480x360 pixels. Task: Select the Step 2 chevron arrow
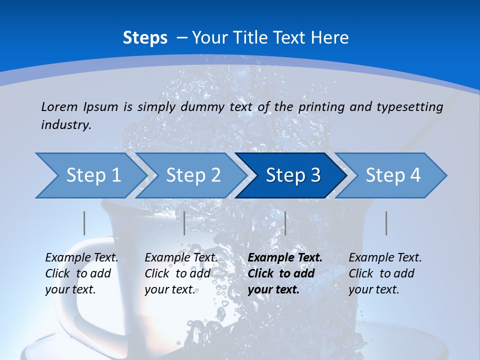(x=193, y=175)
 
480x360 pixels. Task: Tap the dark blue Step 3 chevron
(x=293, y=175)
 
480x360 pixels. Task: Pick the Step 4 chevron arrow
(x=393, y=175)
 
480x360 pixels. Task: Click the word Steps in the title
(x=145, y=38)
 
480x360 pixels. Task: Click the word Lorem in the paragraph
(x=59, y=106)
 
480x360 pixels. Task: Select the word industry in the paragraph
(x=65, y=125)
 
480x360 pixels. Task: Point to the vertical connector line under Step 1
(x=84, y=223)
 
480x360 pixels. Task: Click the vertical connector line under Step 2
(x=184, y=223)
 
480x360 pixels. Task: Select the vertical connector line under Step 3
(x=285, y=223)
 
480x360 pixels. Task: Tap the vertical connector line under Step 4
(x=386, y=223)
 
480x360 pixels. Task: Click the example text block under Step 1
(x=81, y=273)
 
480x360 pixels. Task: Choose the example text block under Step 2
(x=181, y=273)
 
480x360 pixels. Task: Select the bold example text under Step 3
(x=285, y=273)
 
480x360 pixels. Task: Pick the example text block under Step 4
(x=385, y=273)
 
